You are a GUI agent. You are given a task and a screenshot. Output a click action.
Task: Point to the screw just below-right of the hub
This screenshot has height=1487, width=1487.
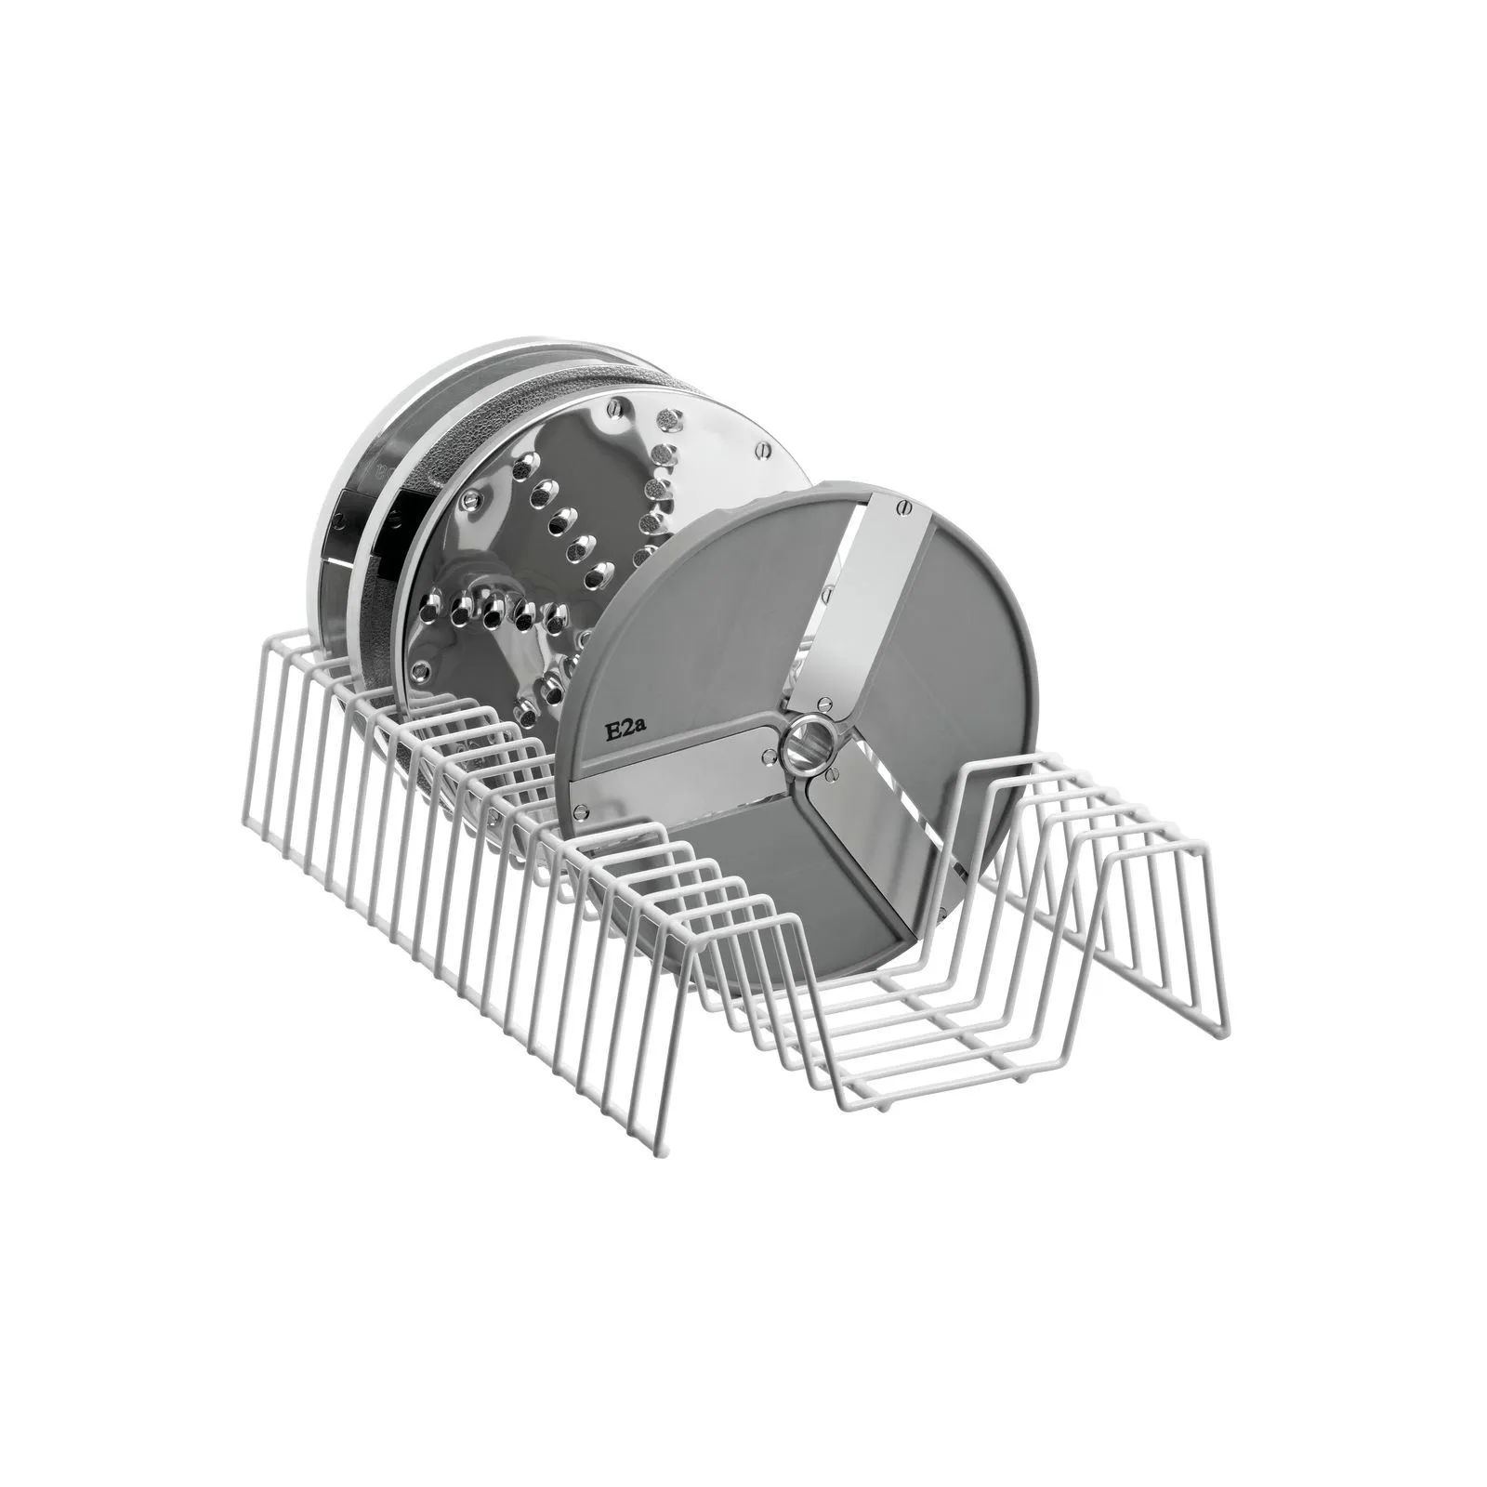(834, 770)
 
